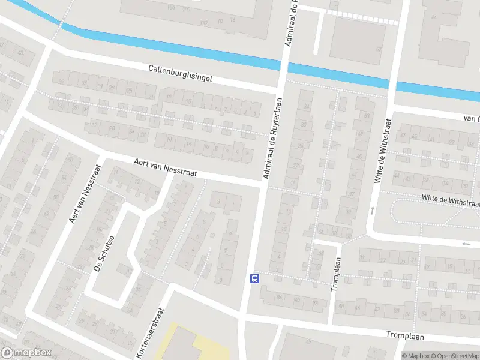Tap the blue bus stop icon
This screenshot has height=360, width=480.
pos(254,278)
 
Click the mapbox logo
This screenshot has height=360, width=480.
pos(26,353)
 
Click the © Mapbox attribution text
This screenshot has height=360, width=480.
pos(415,356)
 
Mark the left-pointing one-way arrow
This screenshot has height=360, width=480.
pos(466,244)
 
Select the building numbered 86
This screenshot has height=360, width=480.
pos(280,296)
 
